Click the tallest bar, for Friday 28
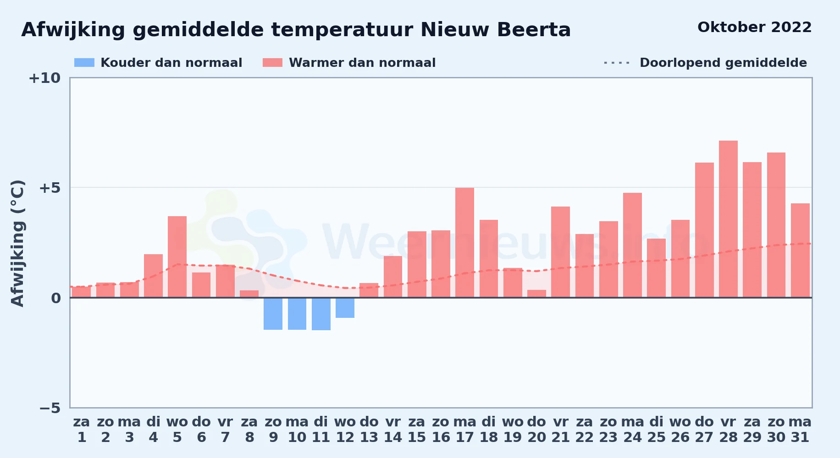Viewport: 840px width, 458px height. click(728, 219)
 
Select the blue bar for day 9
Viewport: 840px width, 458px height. click(273, 314)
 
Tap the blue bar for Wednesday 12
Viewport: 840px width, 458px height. click(345, 308)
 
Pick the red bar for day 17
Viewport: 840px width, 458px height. click(464, 243)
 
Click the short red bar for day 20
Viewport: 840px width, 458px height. click(536, 294)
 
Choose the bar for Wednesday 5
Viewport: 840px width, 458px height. click(177, 257)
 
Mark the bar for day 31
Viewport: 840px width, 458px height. click(800, 251)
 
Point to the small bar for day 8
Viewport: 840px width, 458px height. click(249, 294)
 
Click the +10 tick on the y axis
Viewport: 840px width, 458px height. click(44, 78)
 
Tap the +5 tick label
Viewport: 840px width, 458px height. click(50, 188)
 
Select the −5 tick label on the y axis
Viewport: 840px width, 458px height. click(50, 408)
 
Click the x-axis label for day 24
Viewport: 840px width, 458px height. click(632, 430)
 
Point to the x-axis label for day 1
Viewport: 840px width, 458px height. click(82, 430)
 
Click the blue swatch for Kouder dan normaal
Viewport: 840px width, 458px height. click(84, 63)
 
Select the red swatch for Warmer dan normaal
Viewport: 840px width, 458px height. click(273, 63)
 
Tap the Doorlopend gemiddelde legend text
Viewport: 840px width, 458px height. click(723, 63)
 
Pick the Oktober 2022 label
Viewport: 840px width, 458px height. click(754, 27)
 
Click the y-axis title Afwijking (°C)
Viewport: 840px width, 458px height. click(17, 243)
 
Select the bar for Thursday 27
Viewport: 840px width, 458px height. click(704, 230)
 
